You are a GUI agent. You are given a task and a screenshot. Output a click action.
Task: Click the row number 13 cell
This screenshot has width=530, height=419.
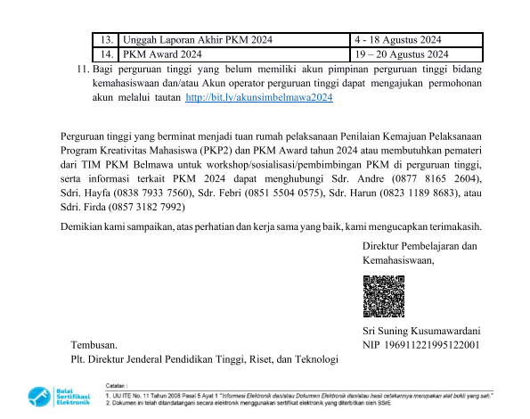click(106, 39)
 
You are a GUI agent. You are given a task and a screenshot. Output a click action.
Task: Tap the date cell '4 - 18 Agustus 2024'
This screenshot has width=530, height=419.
click(397, 39)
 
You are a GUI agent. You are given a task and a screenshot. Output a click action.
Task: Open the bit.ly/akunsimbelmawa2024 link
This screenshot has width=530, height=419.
click(258, 98)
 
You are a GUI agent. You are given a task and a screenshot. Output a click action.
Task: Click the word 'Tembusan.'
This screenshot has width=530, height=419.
click(94, 344)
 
